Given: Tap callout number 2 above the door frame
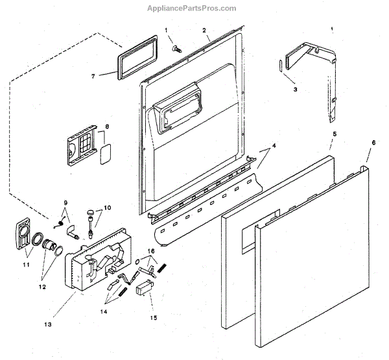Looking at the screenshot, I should click(204, 30).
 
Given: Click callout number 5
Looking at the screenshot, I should click(334, 134).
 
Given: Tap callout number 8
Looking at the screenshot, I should click(107, 126).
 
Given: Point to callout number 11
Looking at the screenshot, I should click(26, 265).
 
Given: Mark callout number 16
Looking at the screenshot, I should click(150, 250).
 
